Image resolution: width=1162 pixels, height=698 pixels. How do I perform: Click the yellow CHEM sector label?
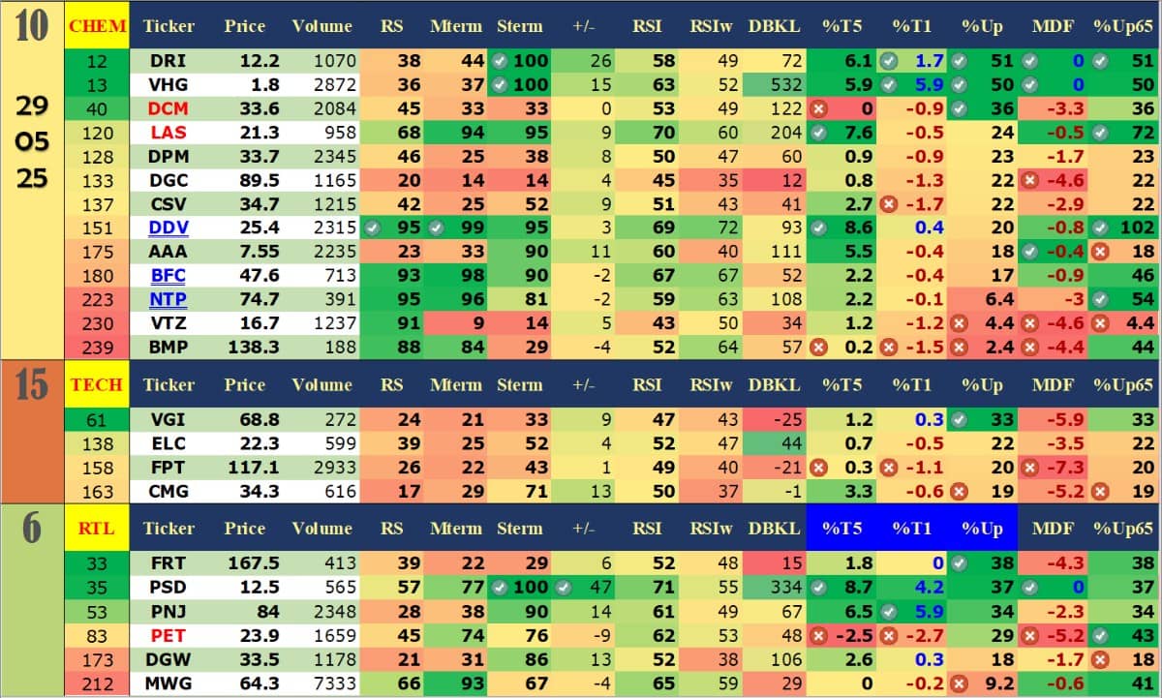[97, 27]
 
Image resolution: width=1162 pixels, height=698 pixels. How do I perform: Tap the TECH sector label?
[97, 384]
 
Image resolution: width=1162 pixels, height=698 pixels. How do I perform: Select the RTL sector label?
[97, 528]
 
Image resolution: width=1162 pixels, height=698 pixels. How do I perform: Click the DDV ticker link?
[168, 228]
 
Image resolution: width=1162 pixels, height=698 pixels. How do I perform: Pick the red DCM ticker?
[168, 109]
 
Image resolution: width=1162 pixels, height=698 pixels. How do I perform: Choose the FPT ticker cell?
[168, 468]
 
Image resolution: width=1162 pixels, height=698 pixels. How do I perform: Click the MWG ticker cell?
[168, 683]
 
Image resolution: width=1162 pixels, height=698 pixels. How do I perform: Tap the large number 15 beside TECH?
[31, 384]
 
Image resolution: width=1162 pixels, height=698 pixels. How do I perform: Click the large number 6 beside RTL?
[31, 529]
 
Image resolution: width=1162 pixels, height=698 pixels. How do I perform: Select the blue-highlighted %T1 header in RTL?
[910, 528]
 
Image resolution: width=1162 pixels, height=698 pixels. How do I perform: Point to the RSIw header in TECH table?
[714, 384]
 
